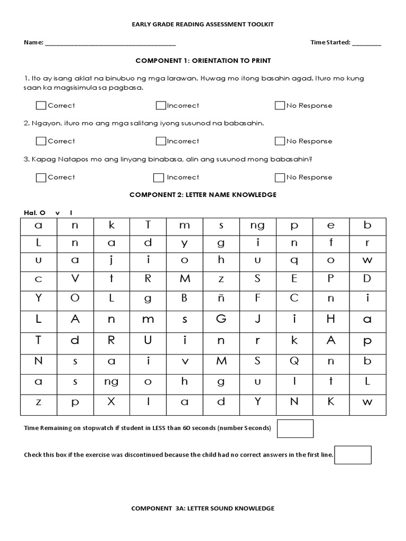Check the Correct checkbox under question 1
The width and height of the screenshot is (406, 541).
41,106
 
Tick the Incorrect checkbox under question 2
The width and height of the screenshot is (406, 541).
161,141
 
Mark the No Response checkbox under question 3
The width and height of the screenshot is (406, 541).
280,178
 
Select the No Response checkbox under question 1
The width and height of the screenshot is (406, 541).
280,106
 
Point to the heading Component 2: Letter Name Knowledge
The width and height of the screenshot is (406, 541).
203,195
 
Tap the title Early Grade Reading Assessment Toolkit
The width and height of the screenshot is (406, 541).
203,24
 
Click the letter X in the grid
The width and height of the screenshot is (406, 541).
112,402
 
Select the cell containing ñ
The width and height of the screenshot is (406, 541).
221,298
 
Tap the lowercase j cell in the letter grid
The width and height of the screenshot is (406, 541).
112,260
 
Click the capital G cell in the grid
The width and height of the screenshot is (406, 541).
221,319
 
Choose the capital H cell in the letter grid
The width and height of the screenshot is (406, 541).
331,319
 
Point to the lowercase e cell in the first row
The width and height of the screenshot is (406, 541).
331,226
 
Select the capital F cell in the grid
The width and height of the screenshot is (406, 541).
258,298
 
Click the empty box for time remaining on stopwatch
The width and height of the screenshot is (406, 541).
295,428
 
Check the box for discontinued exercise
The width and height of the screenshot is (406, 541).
353,455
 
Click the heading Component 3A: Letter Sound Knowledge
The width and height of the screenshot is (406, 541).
203,508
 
